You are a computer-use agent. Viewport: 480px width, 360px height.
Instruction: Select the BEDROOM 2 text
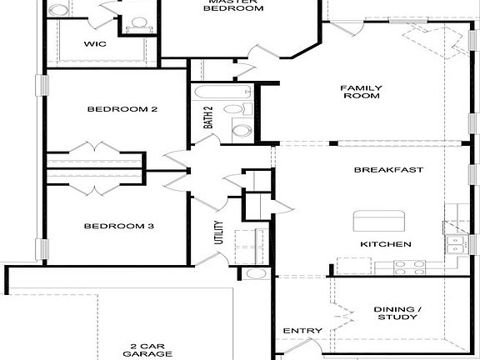coord(123,109)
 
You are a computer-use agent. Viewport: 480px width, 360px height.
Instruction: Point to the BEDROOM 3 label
coord(117,226)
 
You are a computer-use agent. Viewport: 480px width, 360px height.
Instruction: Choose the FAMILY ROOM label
coord(361,92)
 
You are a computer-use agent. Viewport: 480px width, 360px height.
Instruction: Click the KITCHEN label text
coord(385,244)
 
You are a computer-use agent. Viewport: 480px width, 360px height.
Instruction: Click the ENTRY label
coord(302,331)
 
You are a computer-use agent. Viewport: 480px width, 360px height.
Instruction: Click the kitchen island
coord(380,221)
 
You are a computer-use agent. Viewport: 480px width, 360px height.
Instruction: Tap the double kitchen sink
coord(454,243)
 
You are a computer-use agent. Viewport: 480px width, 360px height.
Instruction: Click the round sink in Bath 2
coord(242,130)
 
